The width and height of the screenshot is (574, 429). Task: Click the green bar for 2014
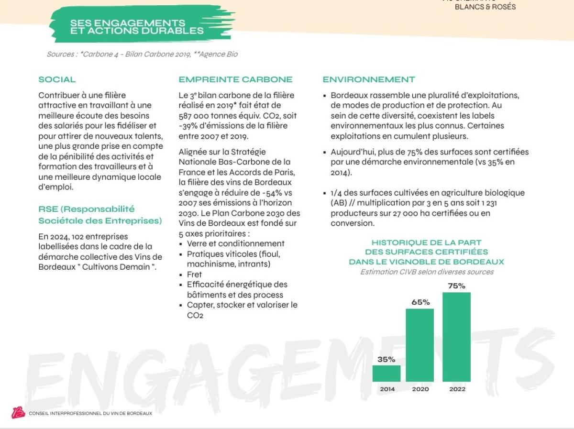[x=386, y=374]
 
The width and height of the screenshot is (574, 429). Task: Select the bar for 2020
[x=420, y=345]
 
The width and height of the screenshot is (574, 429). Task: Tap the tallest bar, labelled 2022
[x=456, y=337]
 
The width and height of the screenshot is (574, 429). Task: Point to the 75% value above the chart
[x=456, y=286]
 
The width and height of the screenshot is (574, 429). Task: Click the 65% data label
[x=420, y=302]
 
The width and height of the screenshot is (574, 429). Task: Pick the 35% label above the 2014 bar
[x=386, y=359]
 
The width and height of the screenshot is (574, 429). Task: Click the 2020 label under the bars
[x=420, y=389]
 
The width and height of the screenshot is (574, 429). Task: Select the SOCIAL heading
[x=57, y=79]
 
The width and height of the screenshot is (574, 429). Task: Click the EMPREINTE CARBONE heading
[x=235, y=79]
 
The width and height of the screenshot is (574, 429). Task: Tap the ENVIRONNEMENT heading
[x=369, y=79]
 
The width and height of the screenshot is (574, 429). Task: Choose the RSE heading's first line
[x=87, y=209]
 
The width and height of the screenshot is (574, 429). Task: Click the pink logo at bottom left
[x=18, y=413]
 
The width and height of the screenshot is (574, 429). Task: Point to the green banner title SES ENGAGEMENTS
[x=128, y=23]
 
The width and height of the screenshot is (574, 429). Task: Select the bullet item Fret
[x=194, y=275]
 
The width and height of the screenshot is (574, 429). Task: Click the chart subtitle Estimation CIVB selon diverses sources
[x=427, y=272]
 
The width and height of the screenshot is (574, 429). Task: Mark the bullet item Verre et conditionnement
[x=235, y=243]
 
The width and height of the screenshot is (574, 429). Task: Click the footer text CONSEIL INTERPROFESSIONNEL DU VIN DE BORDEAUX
[x=90, y=413]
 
